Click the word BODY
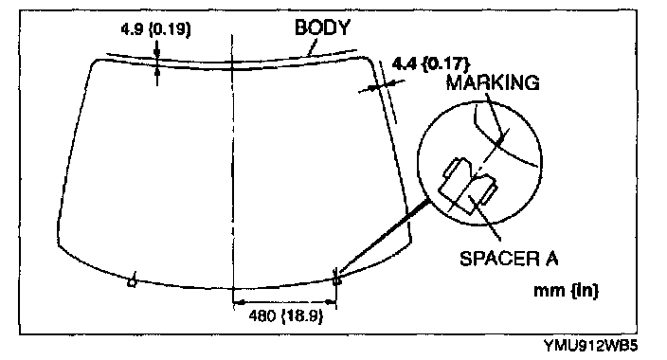click(x=322, y=27)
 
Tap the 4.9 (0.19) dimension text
click(x=155, y=29)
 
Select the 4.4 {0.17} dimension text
click(x=430, y=63)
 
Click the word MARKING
click(x=493, y=82)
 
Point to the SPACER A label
click(x=509, y=258)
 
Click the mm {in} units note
click(x=567, y=290)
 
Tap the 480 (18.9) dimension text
click(x=285, y=315)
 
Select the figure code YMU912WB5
click(x=591, y=346)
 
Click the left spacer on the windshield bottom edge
click(x=133, y=280)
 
